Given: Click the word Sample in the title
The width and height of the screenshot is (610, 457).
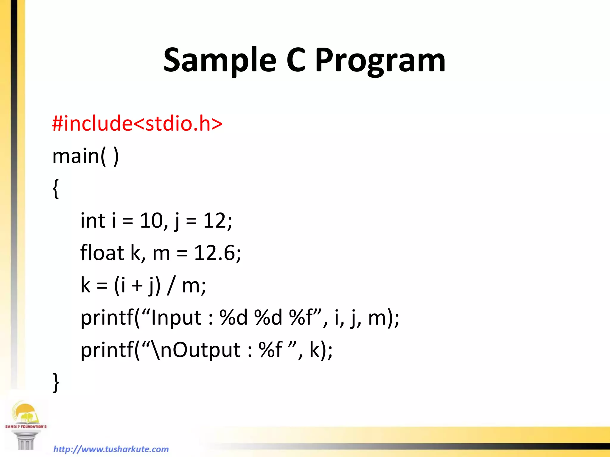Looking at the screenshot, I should tap(220, 61).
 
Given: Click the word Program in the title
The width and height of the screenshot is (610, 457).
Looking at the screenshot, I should tap(380, 61).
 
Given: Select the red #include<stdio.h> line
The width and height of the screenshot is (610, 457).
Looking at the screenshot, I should tap(137, 123).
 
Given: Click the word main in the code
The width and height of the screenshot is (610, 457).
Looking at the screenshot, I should tap(76, 156).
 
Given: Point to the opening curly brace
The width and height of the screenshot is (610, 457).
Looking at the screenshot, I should tap(56, 189).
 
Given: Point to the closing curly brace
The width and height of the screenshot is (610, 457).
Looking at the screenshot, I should tap(56, 382).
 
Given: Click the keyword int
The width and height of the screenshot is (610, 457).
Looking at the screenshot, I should tap(93, 221).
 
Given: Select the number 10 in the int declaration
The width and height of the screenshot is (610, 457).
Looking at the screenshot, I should tap(151, 221).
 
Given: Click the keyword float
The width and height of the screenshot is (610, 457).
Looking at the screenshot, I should tap(102, 253).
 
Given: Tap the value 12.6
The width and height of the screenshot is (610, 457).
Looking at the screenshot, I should tap(214, 253).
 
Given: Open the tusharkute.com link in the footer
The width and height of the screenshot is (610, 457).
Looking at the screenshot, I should tap(111, 449).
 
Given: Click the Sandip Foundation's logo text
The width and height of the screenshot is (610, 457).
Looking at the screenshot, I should tap(26, 426).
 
